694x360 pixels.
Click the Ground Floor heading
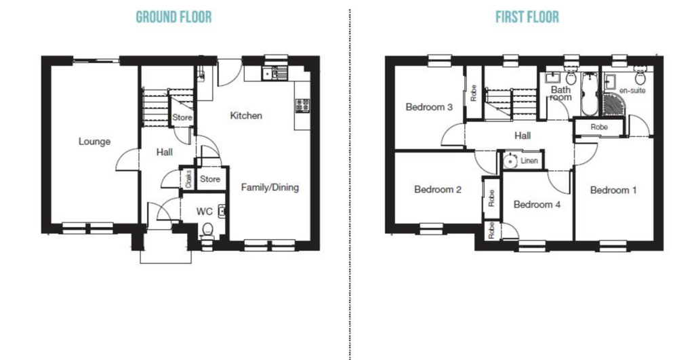pos(173,17)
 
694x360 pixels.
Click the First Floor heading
pos(527,17)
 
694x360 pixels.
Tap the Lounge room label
pos(94,141)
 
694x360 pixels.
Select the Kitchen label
pos(246,115)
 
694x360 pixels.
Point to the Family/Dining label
pos(270,187)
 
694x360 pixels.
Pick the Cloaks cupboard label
pos(188,178)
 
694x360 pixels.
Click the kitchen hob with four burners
pos(303,105)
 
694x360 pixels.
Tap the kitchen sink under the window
pos(274,73)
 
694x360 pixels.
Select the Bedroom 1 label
pos(613,190)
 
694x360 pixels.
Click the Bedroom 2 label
pos(438,190)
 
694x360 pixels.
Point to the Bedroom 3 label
pos(429,106)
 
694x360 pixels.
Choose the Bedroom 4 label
pos(537,205)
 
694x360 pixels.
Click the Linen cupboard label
pos(529,161)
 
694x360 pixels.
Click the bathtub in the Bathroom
pos(589,94)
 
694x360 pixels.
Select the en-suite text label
pos(632,90)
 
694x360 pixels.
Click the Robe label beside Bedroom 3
pos(473,93)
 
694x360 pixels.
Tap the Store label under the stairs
pos(182,117)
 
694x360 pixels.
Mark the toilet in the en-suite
pos(640,77)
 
